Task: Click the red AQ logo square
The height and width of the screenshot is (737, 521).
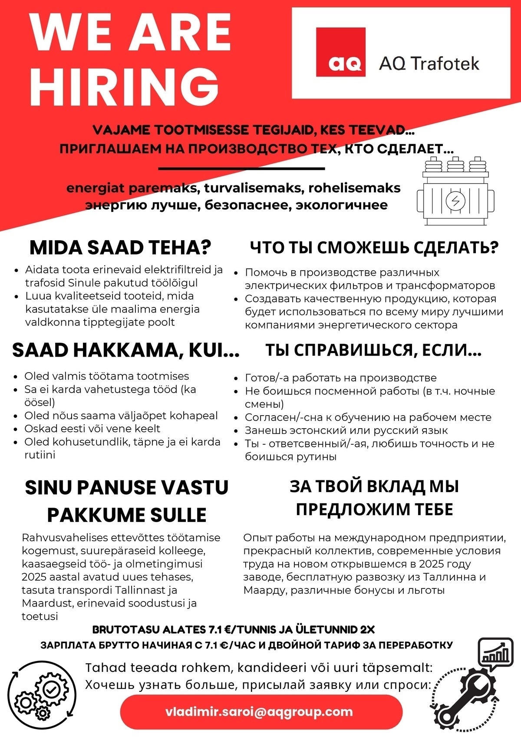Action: pos(340,52)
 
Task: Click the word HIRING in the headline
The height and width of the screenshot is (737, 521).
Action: pos(124,86)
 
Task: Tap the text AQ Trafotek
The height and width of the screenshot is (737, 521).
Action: pos(429,63)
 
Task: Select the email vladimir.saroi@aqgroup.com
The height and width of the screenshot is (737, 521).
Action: pos(259,712)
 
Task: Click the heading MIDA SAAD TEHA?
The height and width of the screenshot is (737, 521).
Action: pos(120,248)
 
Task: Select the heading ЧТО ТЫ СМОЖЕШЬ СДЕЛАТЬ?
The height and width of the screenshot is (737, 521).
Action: pos(374,248)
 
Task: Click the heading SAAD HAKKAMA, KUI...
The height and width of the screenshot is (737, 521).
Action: pos(125,350)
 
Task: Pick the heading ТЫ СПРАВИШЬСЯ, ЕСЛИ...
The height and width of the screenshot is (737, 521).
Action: pos(373,350)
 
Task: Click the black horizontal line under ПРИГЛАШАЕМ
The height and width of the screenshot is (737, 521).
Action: pos(241,169)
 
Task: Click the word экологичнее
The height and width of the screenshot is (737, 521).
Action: pos(342,205)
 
